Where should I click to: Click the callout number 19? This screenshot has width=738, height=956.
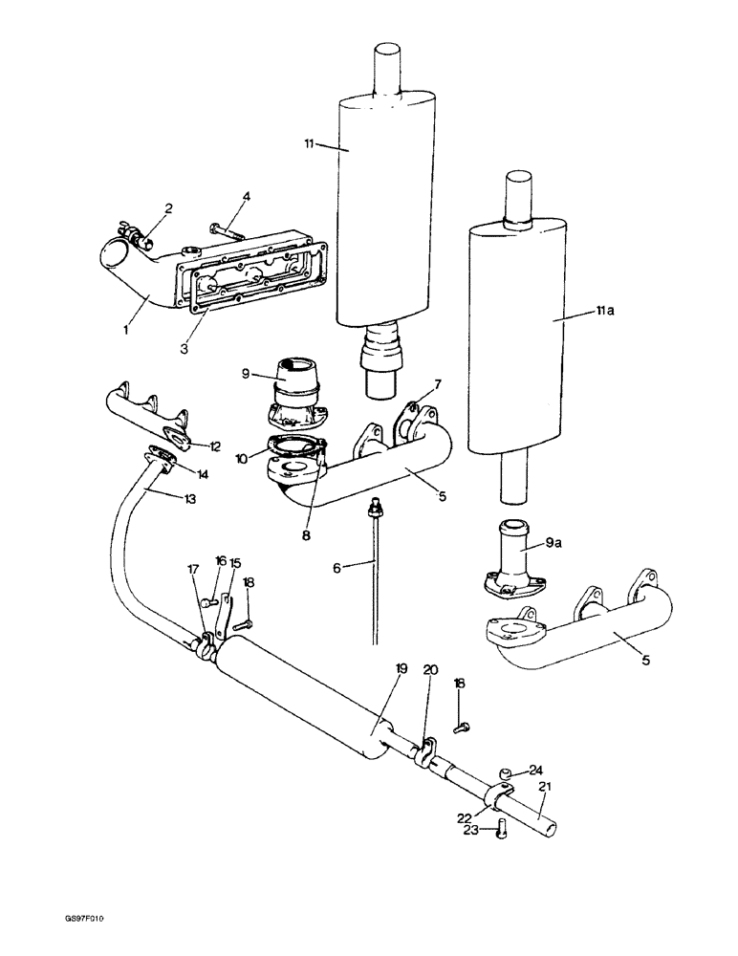(402, 669)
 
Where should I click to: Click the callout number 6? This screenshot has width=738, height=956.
(336, 567)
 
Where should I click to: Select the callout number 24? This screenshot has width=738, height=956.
(536, 769)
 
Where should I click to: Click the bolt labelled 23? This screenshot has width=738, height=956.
(503, 832)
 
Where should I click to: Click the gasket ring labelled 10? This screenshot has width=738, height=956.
(296, 445)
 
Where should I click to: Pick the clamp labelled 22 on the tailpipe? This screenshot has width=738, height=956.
(501, 796)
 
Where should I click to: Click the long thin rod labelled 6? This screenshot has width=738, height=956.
(374, 574)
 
